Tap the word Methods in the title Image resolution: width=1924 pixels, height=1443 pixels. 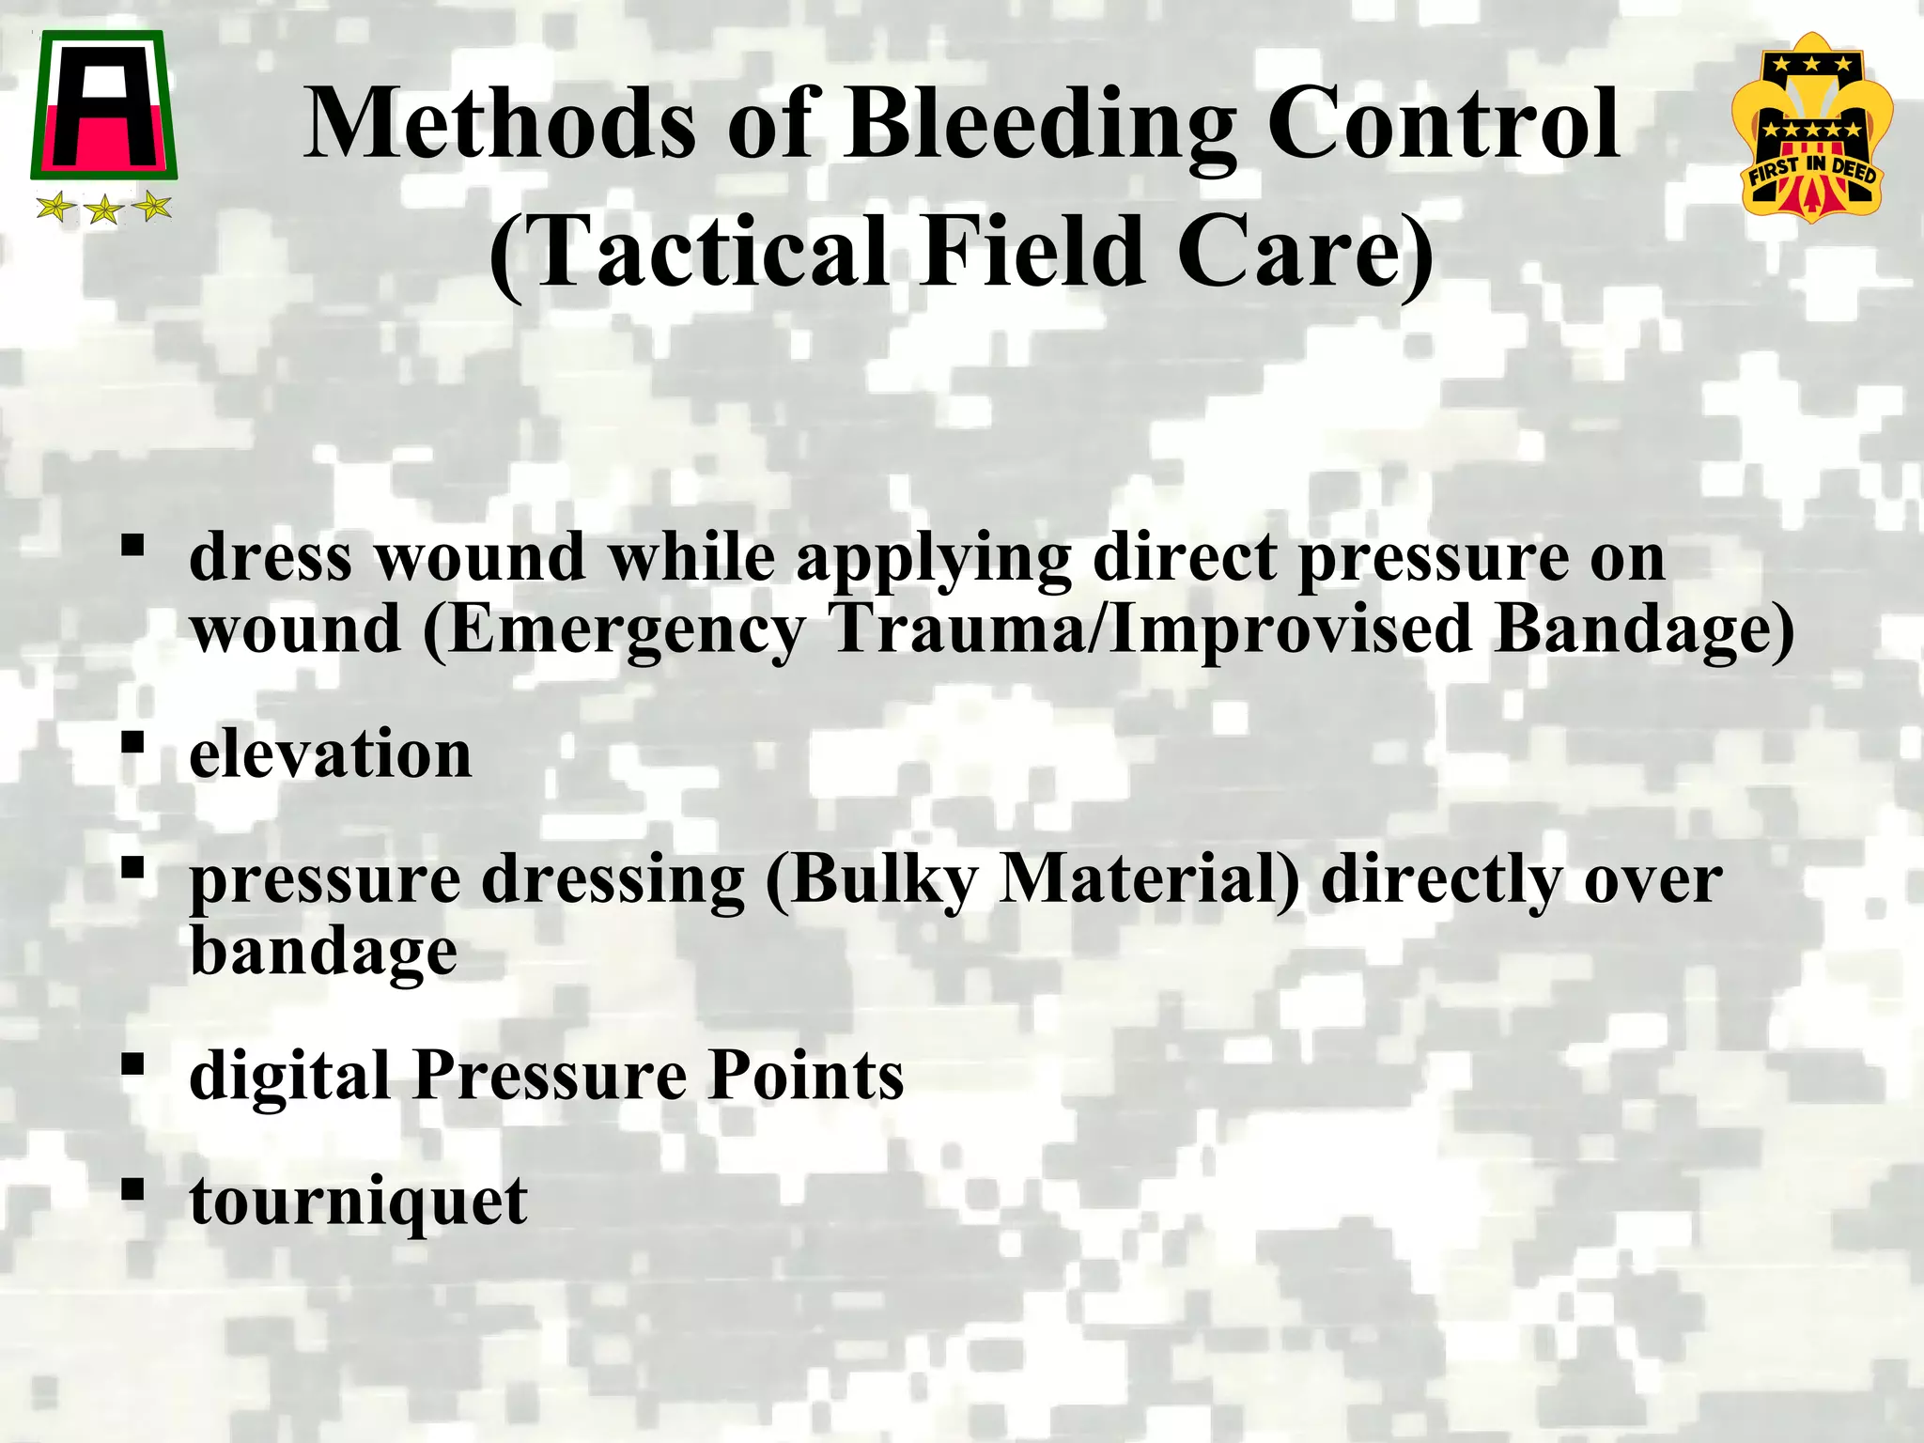pos(500,125)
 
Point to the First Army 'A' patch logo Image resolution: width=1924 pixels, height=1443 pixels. pos(103,105)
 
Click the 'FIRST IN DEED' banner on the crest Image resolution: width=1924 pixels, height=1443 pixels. pos(1811,173)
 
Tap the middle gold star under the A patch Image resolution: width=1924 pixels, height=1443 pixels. pos(102,209)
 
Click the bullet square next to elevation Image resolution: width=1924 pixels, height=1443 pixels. pos(132,743)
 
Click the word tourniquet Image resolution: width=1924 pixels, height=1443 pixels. pos(358,1202)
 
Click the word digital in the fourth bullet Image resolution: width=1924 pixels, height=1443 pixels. pos(289,1077)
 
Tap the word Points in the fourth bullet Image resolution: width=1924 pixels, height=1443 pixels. pos(806,1075)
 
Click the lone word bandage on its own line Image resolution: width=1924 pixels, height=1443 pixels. pos(323,953)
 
